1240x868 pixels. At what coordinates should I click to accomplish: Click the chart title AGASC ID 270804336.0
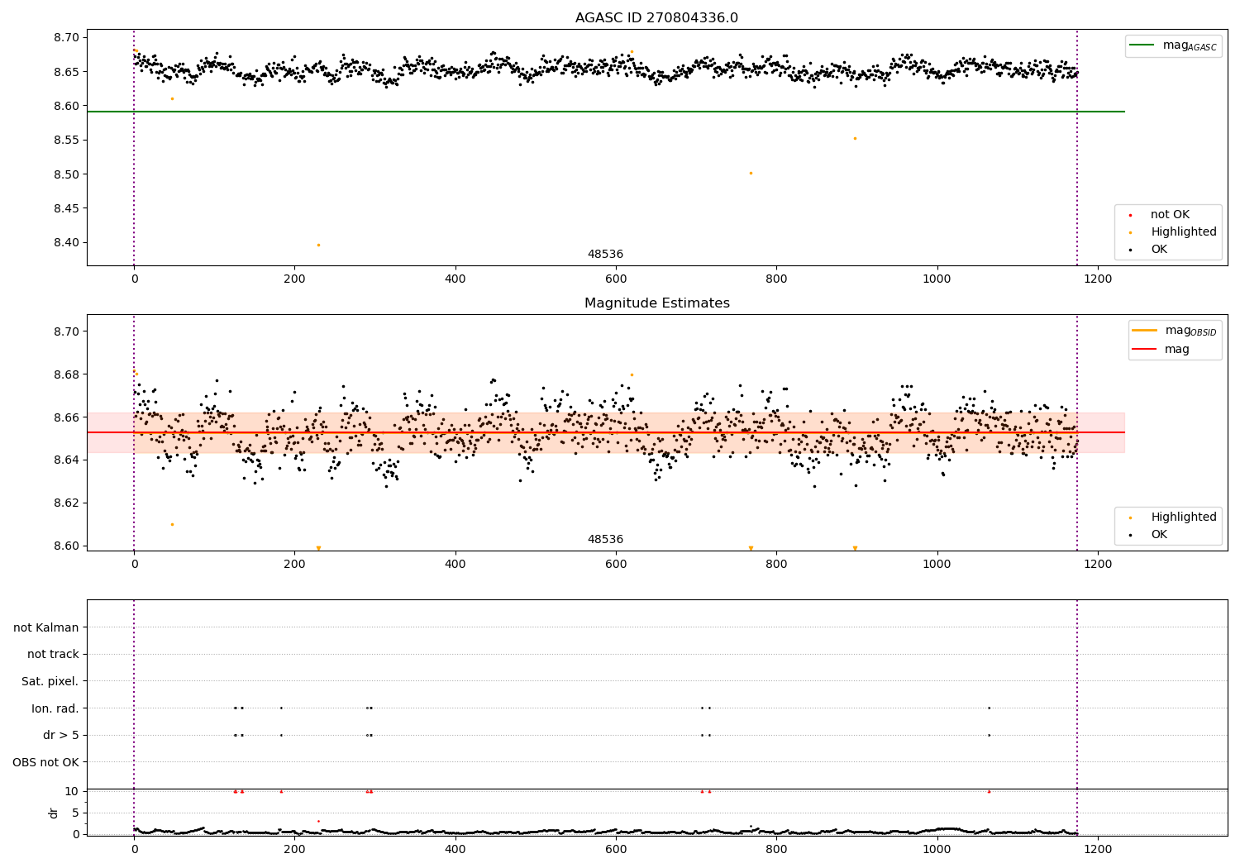pos(656,18)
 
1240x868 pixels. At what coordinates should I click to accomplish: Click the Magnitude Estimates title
pos(656,303)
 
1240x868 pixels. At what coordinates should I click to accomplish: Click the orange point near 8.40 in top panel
pos(318,245)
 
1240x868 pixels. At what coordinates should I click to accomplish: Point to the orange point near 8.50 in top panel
pos(751,173)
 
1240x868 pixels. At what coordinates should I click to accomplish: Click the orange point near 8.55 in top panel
pos(855,138)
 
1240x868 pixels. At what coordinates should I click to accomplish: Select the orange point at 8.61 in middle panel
pos(172,524)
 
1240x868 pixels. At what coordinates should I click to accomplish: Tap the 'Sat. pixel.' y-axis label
pos(50,681)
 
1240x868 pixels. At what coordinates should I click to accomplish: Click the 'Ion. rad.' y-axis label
pos(55,708)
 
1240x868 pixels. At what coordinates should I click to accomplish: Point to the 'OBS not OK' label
pos(45,762)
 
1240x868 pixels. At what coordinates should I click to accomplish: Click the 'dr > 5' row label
pos(60,735)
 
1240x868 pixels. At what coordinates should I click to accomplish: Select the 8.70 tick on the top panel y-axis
pos(67,37)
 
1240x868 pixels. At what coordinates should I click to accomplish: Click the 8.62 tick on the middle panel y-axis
pos(67,503)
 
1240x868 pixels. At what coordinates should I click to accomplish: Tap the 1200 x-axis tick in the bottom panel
pos(1098,848)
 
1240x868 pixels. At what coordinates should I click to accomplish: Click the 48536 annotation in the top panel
pos(605,255)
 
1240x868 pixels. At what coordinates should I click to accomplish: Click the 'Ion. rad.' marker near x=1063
pos(989,708)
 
